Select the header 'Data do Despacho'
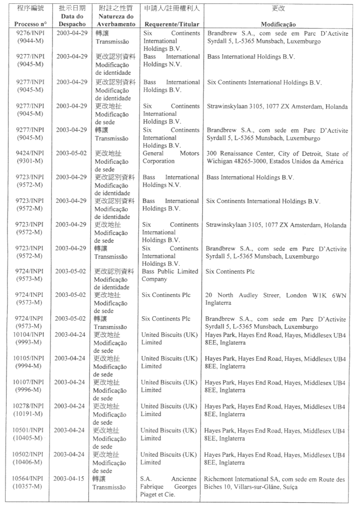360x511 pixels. (73, 20)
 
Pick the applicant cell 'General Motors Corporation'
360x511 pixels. (171, 157)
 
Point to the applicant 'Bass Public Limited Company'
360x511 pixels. (171, 275)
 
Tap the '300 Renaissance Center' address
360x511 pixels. (238, 153)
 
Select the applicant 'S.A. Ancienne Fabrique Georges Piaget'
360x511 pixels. (169, 487)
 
